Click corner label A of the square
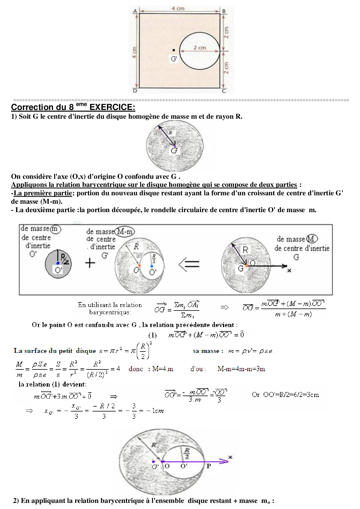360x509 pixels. click(x=135, y=11)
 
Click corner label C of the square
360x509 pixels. click(x=224, y=91)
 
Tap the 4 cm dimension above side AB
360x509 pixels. click(x=178, y=8)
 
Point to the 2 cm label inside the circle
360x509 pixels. click(x=200, y=48)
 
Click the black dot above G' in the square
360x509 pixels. click(x=174, y=50)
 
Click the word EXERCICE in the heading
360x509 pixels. click(x=112, y=107)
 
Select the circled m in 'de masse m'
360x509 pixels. click(x=55, y=229)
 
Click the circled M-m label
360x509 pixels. click(x=125, y=232)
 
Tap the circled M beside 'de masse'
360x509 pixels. click(x=312, y=239)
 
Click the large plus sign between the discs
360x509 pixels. click(x=90, y=263)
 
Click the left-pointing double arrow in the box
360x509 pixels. click(x=189, y=264)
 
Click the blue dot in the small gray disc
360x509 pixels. click(x=58, y=263)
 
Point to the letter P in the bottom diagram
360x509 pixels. click(x=208, y=466)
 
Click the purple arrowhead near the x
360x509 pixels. click(x=224, y=461)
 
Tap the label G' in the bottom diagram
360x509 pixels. click(x=155, y=467)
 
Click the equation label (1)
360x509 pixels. click(x=152, y=335)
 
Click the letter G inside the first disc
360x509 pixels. click(x=174, y=151)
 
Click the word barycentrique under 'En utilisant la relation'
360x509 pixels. click(x=110, y=312)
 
